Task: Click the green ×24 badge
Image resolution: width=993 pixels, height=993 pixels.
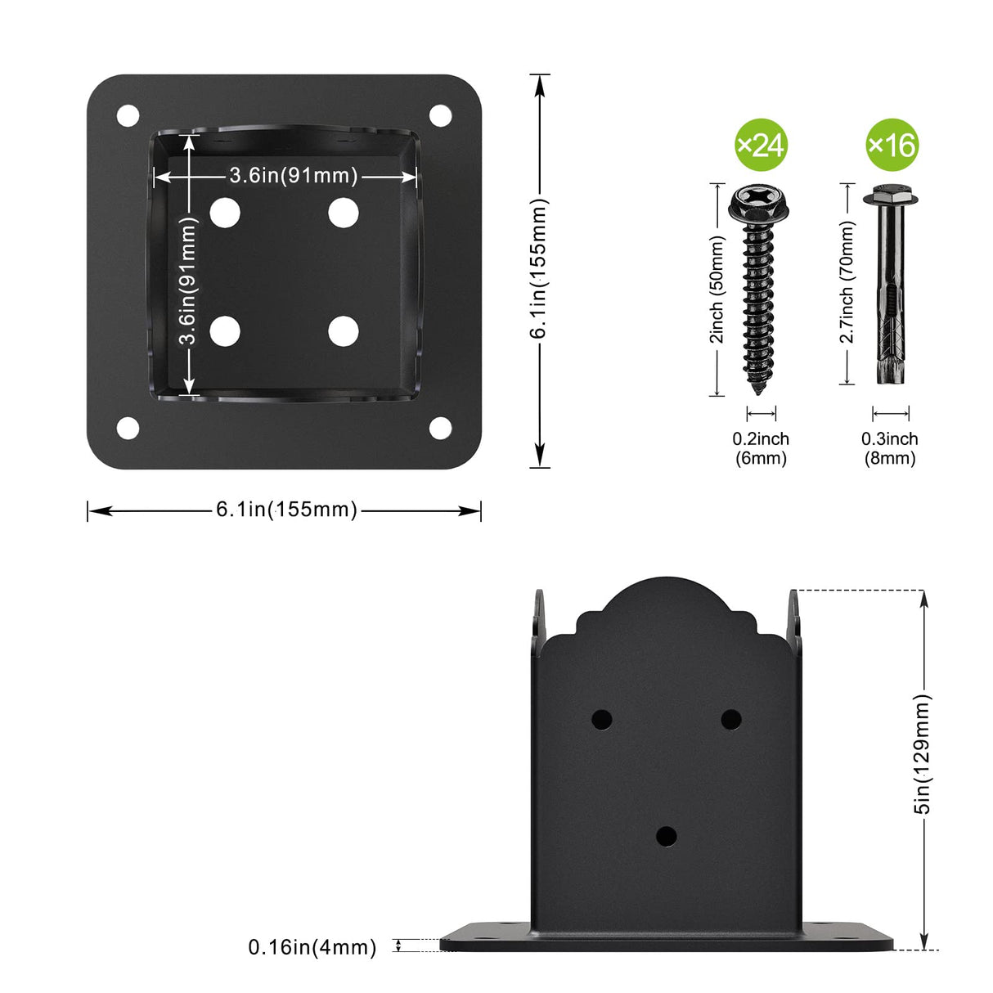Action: [x=761, y=145]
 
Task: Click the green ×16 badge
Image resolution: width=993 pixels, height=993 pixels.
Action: [x=892, y=145]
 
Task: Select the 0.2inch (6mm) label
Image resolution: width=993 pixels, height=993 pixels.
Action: [x=761, y=448]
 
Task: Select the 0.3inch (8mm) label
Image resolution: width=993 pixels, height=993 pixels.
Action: [x=890, y=448]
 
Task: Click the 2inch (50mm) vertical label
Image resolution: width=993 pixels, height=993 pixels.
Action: [x=717, y=290]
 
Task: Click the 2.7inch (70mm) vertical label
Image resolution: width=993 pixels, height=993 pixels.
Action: [x=847, y=282]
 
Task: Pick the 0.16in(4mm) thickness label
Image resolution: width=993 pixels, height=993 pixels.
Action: [x=312, y=947]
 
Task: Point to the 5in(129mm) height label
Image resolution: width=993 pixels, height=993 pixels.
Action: [x=923, y=754]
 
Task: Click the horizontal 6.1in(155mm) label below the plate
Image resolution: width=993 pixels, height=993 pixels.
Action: [x=286, y=510]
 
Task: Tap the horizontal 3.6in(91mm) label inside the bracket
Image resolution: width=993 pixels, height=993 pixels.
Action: [x=293, y=175]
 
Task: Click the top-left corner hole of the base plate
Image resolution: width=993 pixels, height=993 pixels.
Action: [x=128, y=115]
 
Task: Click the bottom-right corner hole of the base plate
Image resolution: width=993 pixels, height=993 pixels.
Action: [x=440, y=428]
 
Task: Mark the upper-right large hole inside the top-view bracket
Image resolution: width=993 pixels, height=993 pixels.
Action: [x=344, y=213]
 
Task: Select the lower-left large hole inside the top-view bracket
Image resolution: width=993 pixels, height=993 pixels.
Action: [x=225, y=331]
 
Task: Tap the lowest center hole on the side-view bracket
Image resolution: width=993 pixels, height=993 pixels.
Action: [x=667, y=836]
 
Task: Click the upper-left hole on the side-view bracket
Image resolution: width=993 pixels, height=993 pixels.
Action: [x=601, y=720]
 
